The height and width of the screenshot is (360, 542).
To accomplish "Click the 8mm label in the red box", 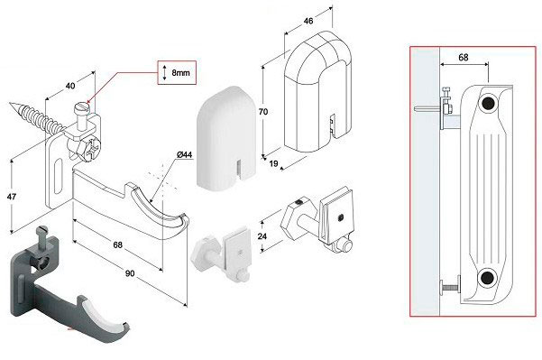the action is click(180, 72).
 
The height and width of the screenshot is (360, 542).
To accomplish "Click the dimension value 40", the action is click(70, 86).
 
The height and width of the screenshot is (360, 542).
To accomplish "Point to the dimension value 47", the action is click(12, 197).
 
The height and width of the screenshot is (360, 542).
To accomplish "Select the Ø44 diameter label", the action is click(184, 154).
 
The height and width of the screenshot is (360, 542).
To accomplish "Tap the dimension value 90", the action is click(130, 273).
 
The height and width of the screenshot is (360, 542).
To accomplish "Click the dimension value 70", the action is click(263, 112).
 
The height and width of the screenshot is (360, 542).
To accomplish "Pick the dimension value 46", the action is click(308, 21).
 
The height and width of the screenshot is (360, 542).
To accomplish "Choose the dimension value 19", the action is click(273, 163).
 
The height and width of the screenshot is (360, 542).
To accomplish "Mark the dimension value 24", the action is click(262, 236).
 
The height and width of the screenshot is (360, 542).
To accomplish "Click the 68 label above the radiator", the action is click(464, 57).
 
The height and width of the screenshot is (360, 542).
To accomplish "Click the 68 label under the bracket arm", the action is click(117, 245).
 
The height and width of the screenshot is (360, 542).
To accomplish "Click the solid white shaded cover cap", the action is click(226, 137).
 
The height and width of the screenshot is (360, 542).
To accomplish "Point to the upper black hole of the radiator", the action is click(488, 103).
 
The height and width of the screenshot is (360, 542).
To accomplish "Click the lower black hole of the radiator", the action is click(487, 278).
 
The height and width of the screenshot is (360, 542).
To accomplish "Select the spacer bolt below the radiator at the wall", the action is click(450, 286).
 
